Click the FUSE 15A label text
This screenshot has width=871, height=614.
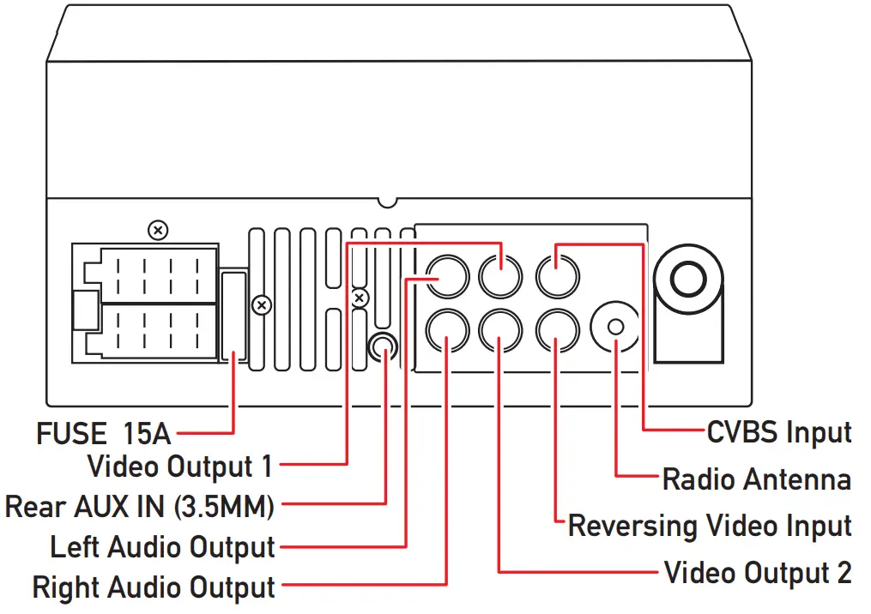104,432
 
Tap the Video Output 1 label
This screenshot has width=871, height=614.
180,467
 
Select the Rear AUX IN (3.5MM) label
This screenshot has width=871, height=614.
140,506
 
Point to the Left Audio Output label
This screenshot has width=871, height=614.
163,546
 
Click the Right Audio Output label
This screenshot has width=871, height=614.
154,587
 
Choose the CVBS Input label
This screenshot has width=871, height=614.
779,431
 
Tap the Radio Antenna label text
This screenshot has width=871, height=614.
757,478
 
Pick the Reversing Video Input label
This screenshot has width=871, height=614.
710,525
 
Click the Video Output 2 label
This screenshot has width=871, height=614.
758,572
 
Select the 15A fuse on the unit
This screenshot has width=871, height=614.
233,316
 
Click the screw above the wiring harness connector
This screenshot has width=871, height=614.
157,230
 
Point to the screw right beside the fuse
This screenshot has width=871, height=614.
263,304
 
